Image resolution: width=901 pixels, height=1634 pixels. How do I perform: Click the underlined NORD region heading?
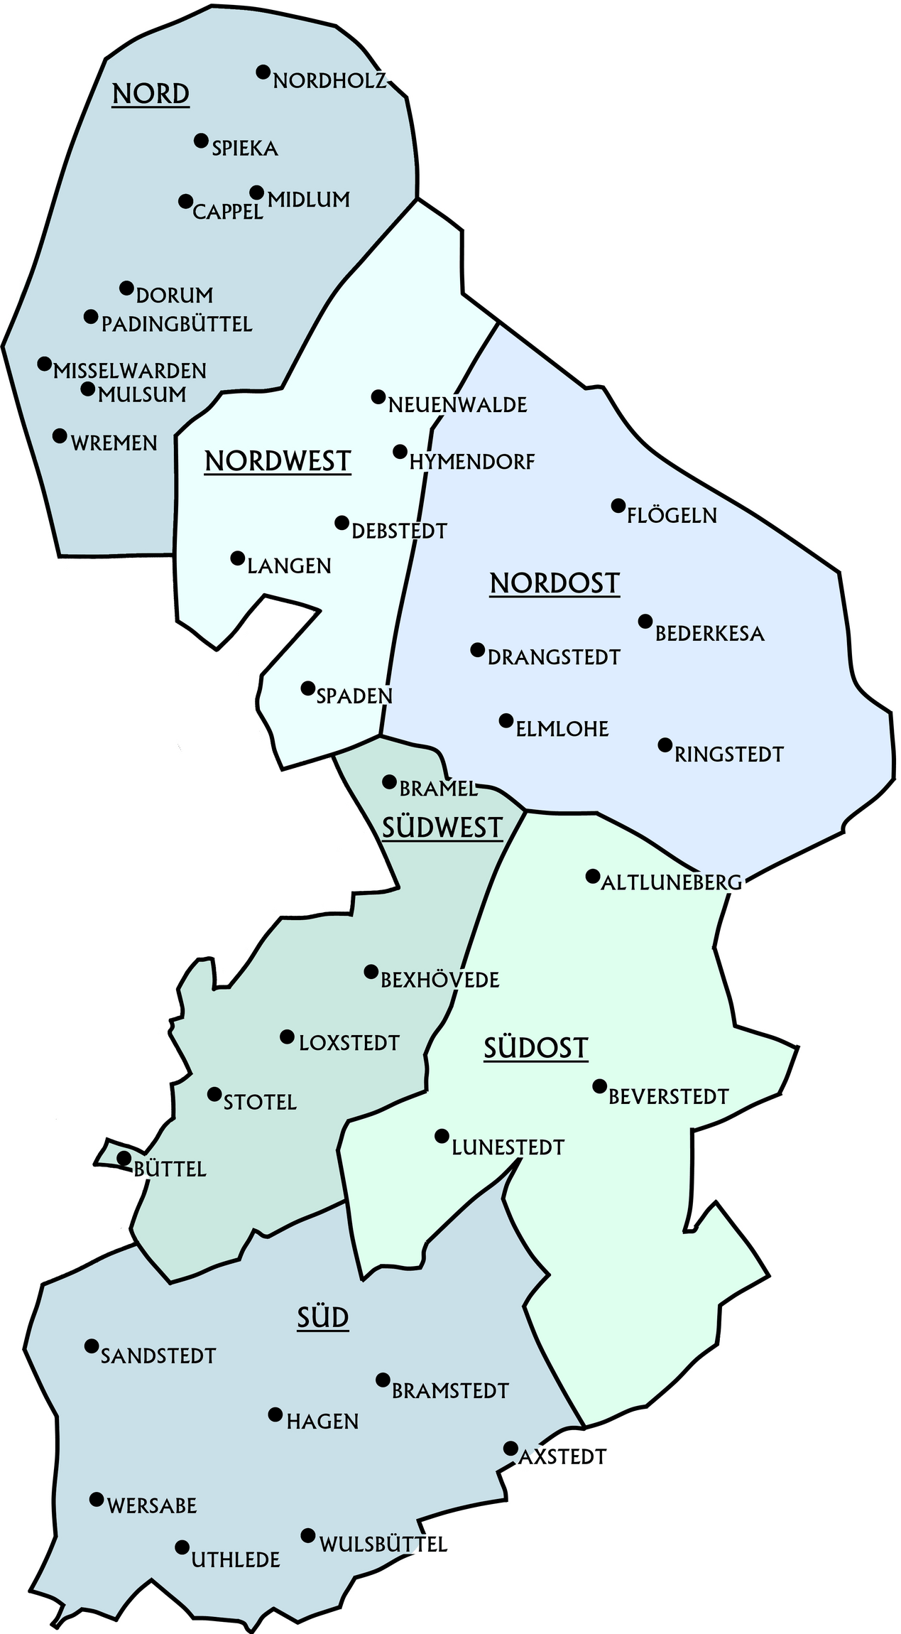click(151, 94)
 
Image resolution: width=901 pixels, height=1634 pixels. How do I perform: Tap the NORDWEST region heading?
click(278, 462)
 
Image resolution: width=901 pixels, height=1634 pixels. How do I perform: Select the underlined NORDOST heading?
click(555, 584)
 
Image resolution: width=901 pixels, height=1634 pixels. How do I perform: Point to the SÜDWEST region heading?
click(442, 828)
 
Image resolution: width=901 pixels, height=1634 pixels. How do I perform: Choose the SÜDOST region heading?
click(536, 1049)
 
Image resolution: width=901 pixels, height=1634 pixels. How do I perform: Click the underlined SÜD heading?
click(323, 1318)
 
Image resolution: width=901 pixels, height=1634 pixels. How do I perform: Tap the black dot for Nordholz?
click(263, 72)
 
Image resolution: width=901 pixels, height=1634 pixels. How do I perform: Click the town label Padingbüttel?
click(177, 325)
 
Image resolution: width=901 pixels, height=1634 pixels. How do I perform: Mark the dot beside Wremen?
click(60, 435)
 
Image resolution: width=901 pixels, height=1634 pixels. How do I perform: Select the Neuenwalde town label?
click(457, 405)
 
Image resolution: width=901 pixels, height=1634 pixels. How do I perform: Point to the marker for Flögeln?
click(618, 506)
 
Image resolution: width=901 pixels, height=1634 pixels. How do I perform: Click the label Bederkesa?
click(709, 634)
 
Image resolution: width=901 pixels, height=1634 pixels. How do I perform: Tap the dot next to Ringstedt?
click(665, 745)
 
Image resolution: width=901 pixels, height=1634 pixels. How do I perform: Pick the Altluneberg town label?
click(671, 882)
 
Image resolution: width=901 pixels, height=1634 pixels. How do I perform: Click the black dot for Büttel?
click(124, 1158)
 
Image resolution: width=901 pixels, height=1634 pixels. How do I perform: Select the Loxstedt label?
click(349, 1043)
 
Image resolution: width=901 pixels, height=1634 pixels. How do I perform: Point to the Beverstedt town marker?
click(599, 1086)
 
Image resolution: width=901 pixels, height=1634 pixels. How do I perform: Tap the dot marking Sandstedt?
click(91, 1346)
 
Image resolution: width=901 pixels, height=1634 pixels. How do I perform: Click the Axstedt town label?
click(562, 1457)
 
